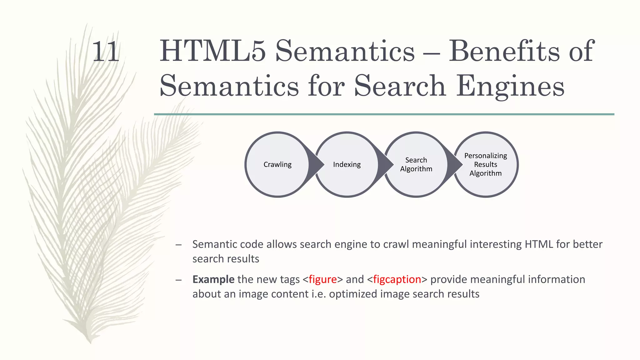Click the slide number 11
106,52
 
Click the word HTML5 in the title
212,51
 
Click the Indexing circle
347,164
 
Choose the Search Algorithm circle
416,164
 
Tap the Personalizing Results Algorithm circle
485,164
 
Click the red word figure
322,279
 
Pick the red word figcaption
397,279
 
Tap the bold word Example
213,279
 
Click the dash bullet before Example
178,280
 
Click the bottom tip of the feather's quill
90,342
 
